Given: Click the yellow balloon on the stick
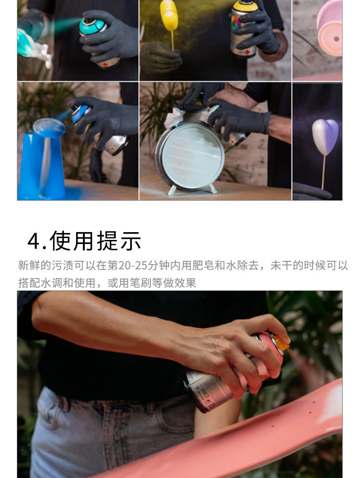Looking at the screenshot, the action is [x=169, y=15].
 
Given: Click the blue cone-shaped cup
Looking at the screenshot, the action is [x=41, y=166].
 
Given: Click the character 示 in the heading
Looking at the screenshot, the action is [x=131, y=241].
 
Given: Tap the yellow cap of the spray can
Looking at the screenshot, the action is [x=245, y=6].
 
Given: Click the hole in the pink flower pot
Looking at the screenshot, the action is [x=336, y=39].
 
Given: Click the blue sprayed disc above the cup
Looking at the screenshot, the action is [x=49, y=127].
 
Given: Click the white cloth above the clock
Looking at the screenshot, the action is [x=174, y=118].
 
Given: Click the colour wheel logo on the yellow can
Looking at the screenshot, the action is [x=236, y=23].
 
